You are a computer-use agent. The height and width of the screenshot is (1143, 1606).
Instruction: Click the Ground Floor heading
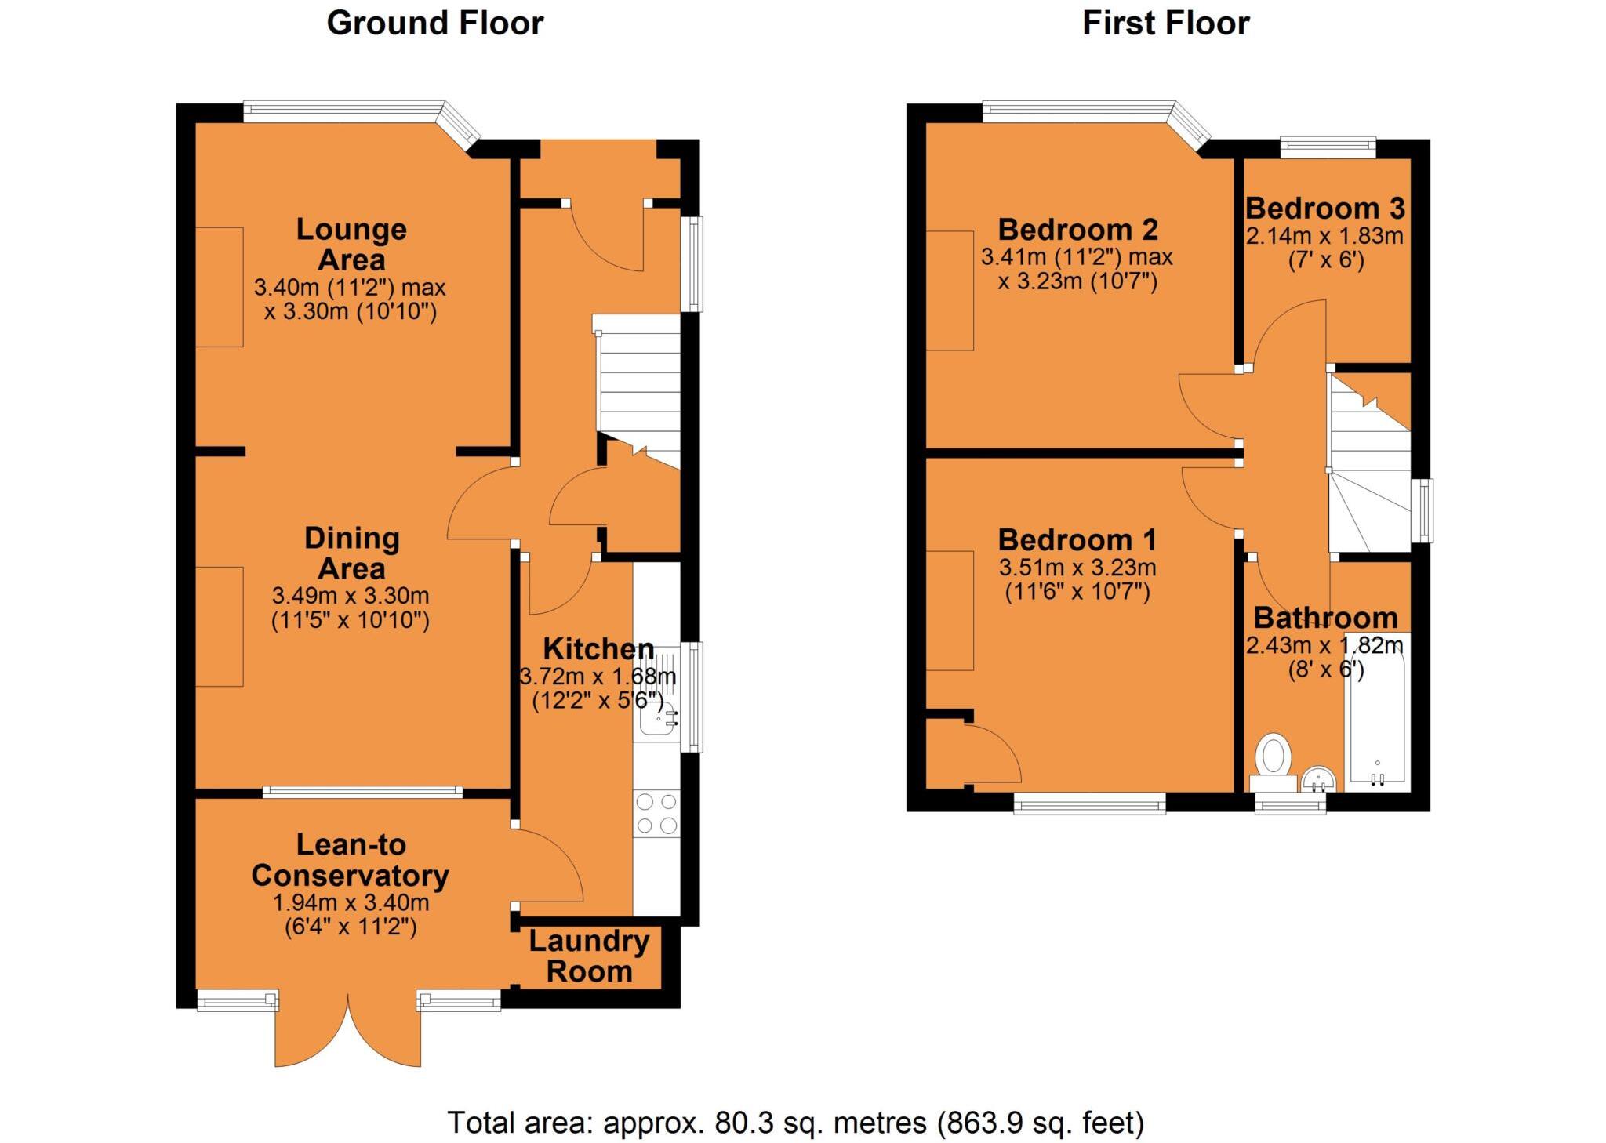coord(434,24)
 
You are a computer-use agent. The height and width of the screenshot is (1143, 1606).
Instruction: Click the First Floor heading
coord(1165,24)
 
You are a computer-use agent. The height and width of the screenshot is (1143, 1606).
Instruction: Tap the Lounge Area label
coord(351,244)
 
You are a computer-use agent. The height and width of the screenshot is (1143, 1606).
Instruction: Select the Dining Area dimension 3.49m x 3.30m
coord(351,596)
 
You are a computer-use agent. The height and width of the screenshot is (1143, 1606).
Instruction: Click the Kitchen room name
coord(598,649)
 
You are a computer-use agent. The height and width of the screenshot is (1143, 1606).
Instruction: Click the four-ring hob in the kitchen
coord(656,814)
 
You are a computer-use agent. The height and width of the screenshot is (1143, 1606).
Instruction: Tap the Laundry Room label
coord(589,956)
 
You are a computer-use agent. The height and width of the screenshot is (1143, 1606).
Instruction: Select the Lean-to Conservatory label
coord(350,860)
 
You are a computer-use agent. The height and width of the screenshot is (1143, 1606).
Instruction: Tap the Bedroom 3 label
coord(1324,209)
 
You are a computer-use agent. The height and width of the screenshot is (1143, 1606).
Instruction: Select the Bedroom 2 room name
coord(1077,230)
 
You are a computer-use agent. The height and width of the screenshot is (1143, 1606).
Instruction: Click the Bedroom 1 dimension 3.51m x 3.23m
coord(1077,568)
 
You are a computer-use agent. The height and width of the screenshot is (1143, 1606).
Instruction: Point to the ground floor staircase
coord(639,384)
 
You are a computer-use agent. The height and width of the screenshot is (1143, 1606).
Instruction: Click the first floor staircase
coord(1368,470)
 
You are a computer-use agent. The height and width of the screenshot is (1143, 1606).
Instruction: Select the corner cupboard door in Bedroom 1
coord(994,754)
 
